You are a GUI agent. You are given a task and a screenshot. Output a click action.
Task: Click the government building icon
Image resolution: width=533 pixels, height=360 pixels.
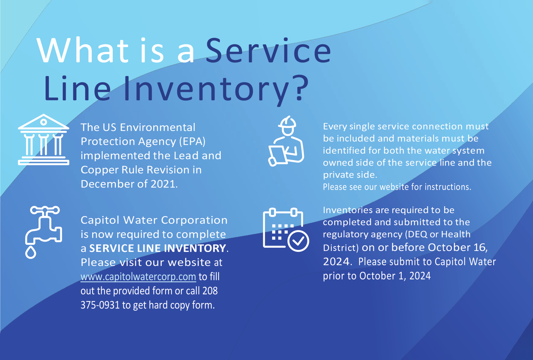[44, 140]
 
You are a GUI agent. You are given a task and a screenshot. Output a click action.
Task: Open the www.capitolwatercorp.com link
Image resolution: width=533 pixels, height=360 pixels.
[138, 277]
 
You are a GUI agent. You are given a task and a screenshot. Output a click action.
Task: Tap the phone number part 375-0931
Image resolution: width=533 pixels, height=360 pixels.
[100, 305]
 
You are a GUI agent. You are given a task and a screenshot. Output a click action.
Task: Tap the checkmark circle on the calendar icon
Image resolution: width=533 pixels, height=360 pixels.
[298, 241]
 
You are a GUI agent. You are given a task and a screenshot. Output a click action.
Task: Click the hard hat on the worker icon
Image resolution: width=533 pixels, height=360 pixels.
[287, 122]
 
